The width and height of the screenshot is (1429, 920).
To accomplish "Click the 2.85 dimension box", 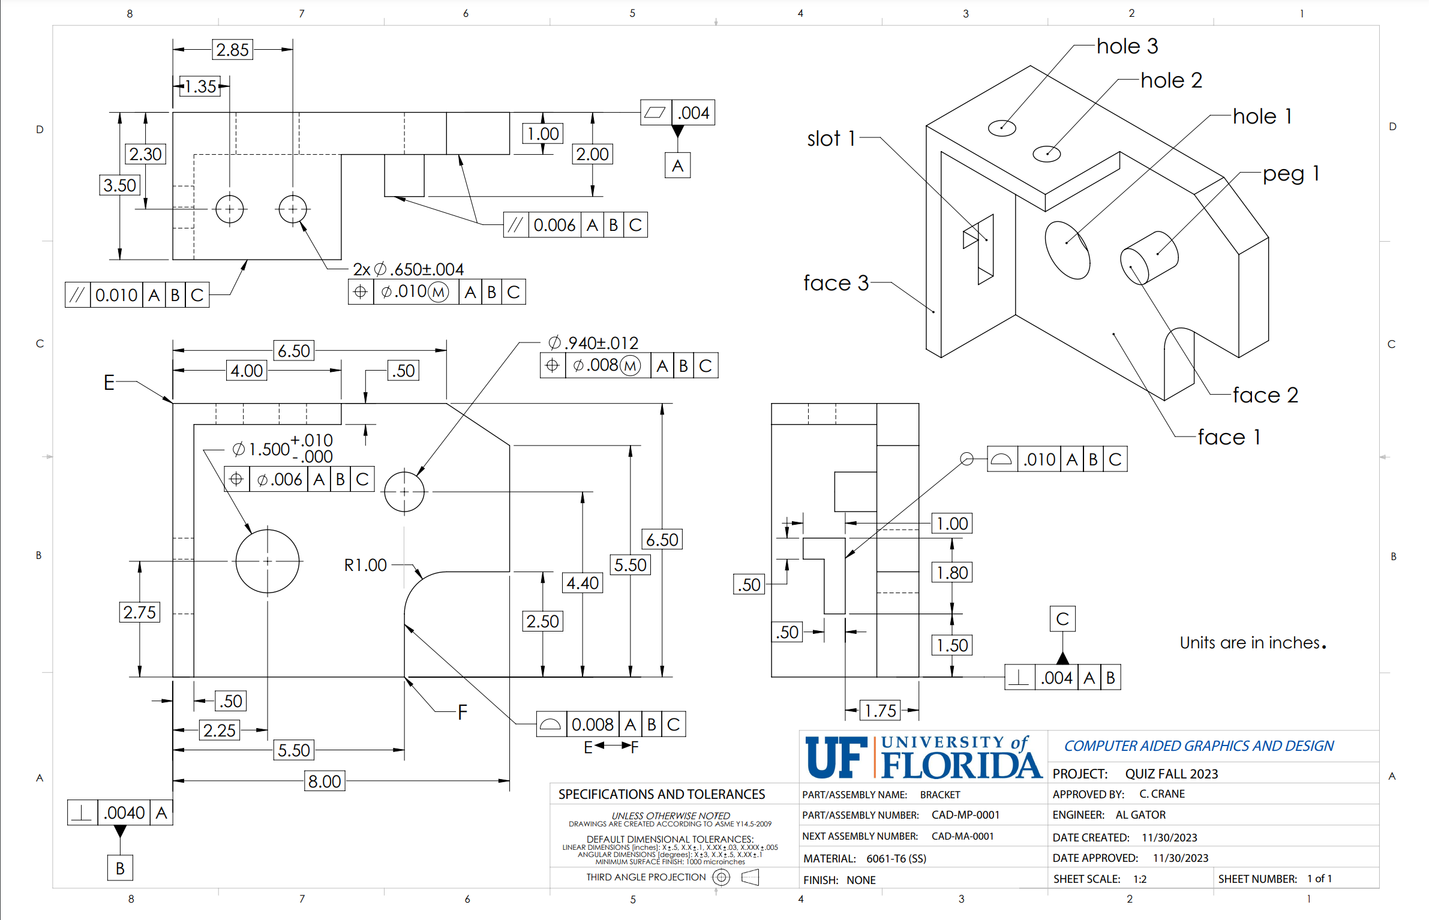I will point(232,50).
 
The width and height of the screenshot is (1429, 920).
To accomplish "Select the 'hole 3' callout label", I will point(1127,46).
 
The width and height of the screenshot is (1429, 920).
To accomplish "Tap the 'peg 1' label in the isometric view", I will point(1290,174).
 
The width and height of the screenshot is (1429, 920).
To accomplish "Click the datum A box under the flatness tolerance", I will point(677,166).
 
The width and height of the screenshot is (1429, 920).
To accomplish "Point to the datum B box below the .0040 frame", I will point(120,868).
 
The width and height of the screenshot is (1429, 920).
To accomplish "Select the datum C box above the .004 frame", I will point(1062,619).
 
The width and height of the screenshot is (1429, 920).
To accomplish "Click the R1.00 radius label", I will point(365,565).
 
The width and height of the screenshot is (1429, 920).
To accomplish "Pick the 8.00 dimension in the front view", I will point(325,781).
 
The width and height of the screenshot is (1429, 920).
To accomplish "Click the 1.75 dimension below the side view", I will point(880,711).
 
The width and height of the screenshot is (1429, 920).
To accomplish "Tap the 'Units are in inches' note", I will point(1252,643).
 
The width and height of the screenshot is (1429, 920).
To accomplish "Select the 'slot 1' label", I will point(831,139).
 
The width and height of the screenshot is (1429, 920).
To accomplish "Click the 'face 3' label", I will point(836,283).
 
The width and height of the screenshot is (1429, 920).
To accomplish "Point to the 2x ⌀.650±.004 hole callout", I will point(409,269).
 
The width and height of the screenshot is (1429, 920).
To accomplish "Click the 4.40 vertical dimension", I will point(583,583).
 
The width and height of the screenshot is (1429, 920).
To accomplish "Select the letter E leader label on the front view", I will point(109,382).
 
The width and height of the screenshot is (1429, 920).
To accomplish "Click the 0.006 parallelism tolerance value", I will point(554,226).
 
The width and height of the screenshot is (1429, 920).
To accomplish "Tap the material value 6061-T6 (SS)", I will point(896,858).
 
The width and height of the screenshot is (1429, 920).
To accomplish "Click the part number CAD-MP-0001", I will point(965,815).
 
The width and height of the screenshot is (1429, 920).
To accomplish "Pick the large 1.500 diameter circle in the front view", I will point(268,561).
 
